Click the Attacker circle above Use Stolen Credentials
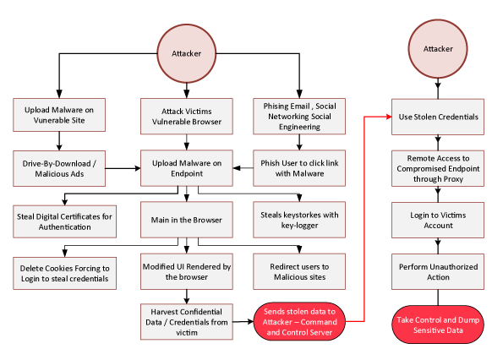click(438, 49)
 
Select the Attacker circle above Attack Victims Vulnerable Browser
click(186, 53)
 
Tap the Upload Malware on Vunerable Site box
click(59, 115)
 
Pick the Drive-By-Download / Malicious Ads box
click(59, 169)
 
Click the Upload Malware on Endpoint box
click(187, 168)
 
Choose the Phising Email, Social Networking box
click(299, 117)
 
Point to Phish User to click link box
click(299, 168)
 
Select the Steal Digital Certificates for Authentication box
click(64, 221)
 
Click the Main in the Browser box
click(187, 220)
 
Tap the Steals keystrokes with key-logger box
click(299, 220)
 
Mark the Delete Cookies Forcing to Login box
click(64, 274)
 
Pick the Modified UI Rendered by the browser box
click(187, 271)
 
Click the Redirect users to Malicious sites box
click(299, 271)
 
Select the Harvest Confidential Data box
click(187, 322)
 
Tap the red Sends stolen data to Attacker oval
click(299, 321)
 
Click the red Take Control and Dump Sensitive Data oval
click(438, 325)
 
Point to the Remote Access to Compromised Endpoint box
click(438, 169)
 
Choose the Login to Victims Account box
click(438, 221)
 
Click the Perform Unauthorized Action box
click(438, 272)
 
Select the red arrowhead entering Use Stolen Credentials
click(389, 117)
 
